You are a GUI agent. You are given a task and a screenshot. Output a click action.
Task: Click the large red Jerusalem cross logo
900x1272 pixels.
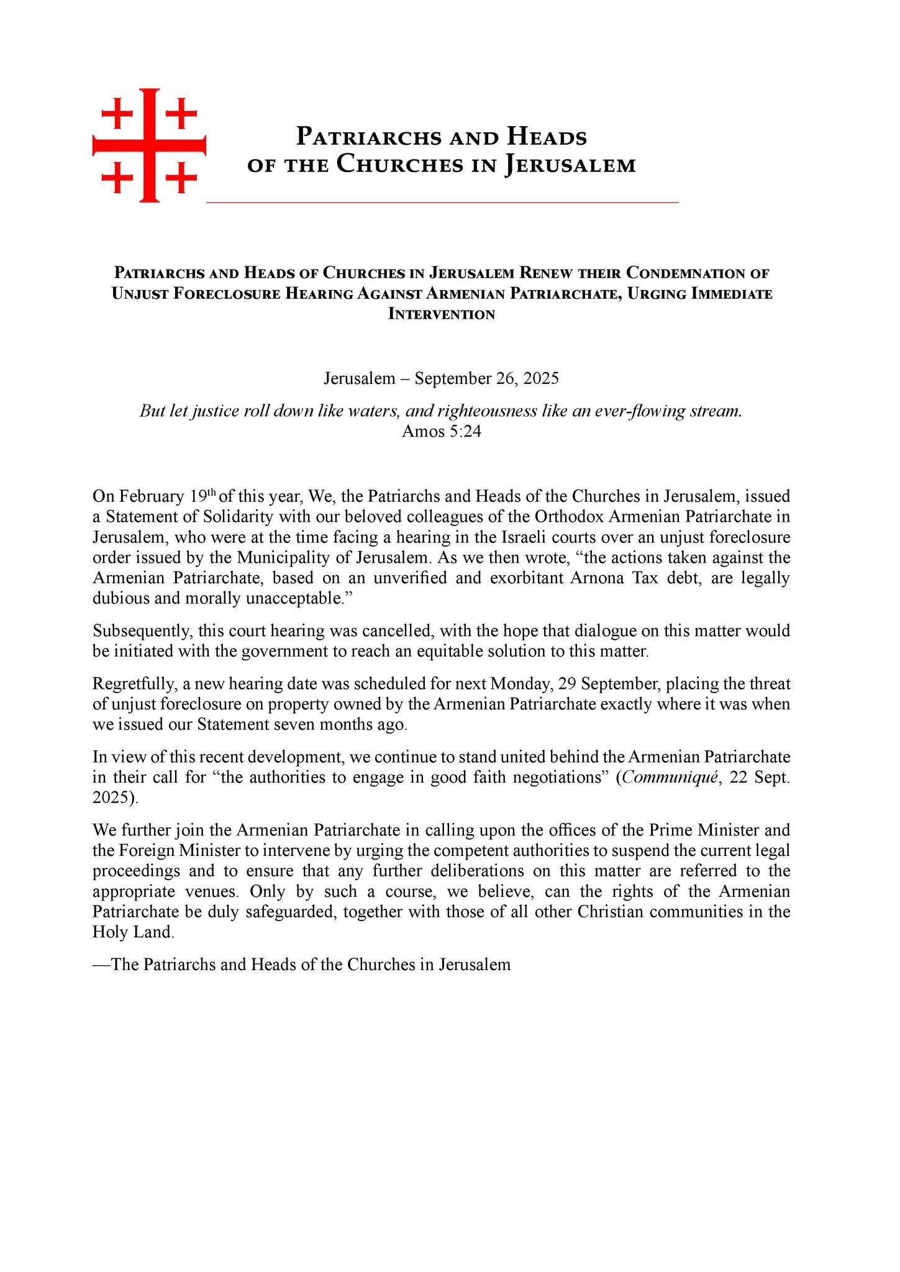click(x=149, y=145)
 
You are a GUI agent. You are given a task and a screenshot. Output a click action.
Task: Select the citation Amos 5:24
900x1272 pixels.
click(x=442, y=432)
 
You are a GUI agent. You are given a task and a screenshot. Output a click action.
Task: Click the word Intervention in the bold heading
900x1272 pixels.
click(x=442, y=314)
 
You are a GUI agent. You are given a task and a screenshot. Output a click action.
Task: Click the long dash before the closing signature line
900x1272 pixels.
click(x=102, y=965)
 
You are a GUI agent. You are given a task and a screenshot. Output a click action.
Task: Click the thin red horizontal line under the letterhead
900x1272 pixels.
click(x=442, y=202)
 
